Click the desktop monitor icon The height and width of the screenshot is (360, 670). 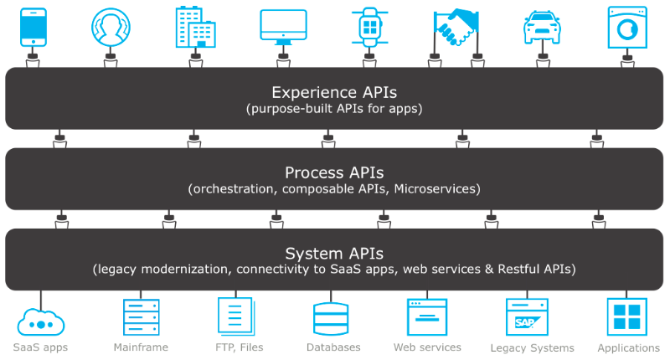click(x=283, y=27)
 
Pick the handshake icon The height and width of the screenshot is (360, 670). click(x=456, y=28)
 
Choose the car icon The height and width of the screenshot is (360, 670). click(x=541, y=28)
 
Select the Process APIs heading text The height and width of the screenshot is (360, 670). click(x=334, y=172)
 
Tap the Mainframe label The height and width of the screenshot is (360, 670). click(x=141, y=347)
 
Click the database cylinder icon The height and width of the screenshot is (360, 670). click(x=332, y=319)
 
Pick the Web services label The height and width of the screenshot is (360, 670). click(x=427, y=347)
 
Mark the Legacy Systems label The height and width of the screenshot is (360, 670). click(x=533, y=347)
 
